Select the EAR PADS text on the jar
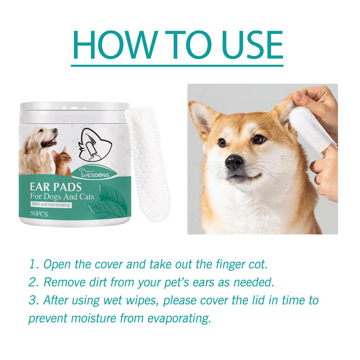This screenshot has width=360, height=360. pos(59,186)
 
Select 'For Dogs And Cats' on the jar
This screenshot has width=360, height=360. pos(67,196)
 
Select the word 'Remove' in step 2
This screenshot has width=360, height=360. pos(66,282)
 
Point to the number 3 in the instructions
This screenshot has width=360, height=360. pos(32,300)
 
